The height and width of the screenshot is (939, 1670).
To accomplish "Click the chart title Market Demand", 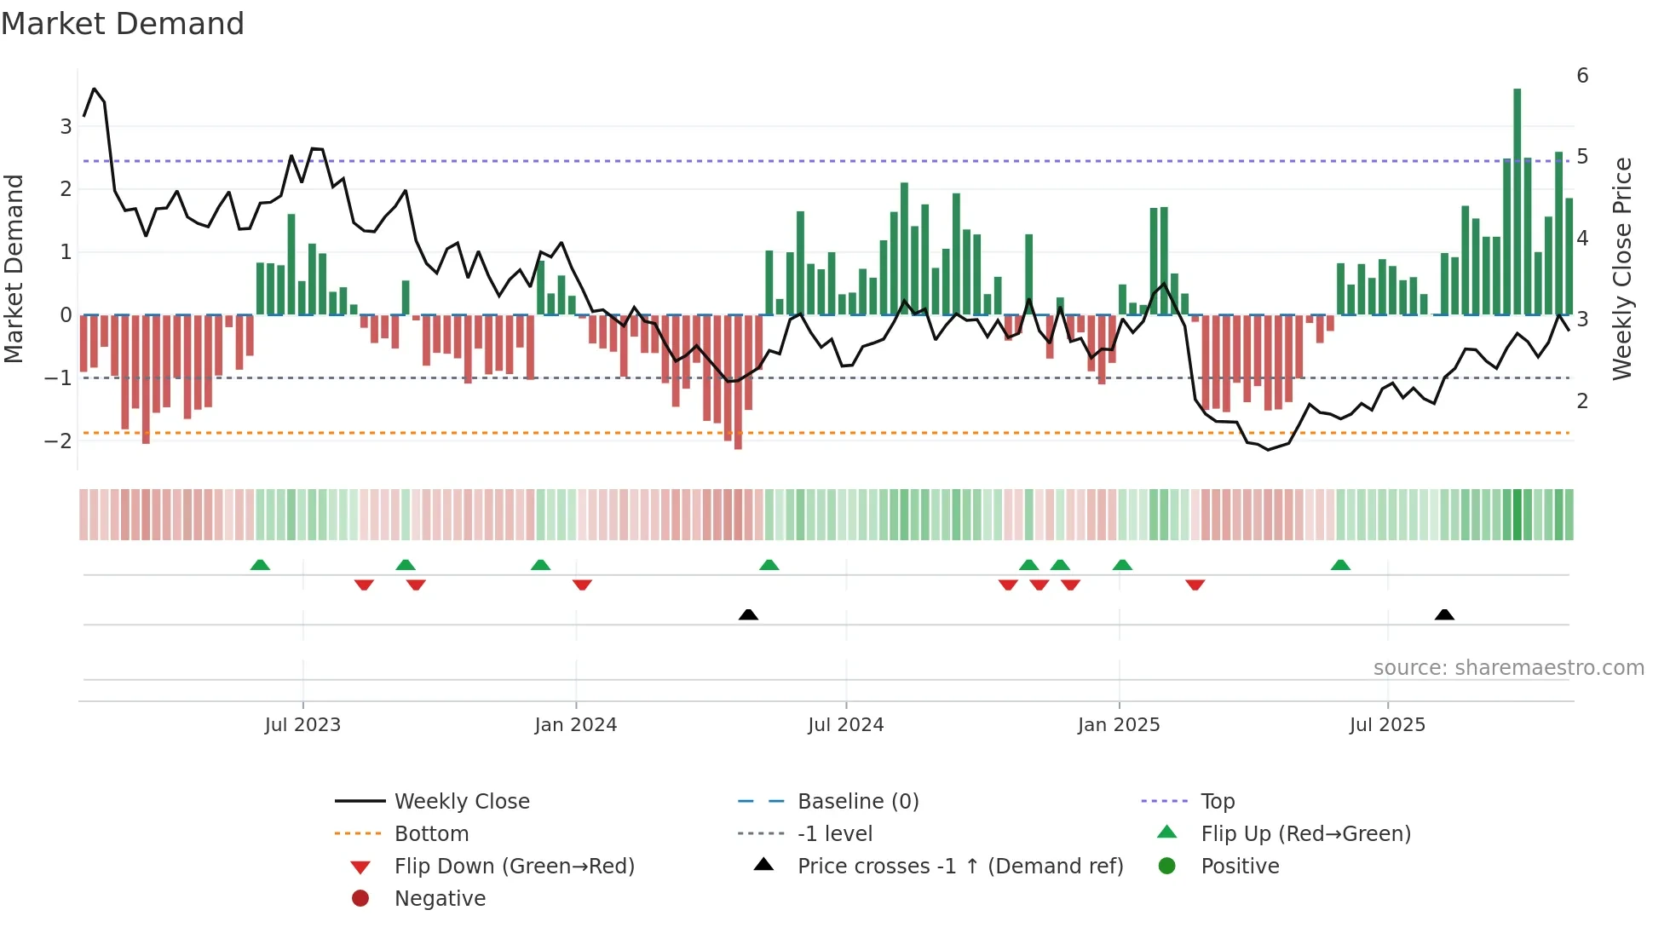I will [x=123, y=23].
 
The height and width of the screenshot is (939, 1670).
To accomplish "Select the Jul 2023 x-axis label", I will [x=302, y=725].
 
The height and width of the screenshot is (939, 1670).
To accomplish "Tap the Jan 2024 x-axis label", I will [x=575, y=725].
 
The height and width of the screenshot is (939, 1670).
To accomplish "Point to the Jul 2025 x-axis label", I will [x=1387, y=725].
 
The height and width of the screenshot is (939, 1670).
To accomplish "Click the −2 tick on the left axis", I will [x=58, y=441].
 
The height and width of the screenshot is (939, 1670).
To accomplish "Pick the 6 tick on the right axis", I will [x=1582, y=76].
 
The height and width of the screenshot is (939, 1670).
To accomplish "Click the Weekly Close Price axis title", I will [x=1622, y=268].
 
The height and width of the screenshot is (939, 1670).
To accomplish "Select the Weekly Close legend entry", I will [x=461, y=802].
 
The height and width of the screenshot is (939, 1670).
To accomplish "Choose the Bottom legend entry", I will [x=431, y=834].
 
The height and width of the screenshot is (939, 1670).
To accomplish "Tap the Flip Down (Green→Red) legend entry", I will [x=514, y=867].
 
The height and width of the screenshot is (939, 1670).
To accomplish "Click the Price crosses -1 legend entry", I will [x=959, y=867].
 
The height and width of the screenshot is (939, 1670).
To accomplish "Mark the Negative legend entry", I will [x=440, y=899].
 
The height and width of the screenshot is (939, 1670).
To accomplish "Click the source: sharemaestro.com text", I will [x=1508, y=668].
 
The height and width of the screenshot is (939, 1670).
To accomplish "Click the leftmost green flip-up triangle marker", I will [x=260, y=565].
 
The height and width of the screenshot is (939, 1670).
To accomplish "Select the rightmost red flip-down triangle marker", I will [x=1195, y=585].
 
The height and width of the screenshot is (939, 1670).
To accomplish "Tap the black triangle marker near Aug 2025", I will [x=1444, y=614].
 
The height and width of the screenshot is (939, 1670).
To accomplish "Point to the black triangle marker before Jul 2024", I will [x=748, y=614].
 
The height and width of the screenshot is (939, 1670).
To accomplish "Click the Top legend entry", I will [x=1218, y=802].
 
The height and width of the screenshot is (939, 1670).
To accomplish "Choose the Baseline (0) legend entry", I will [x=857, y=802].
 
